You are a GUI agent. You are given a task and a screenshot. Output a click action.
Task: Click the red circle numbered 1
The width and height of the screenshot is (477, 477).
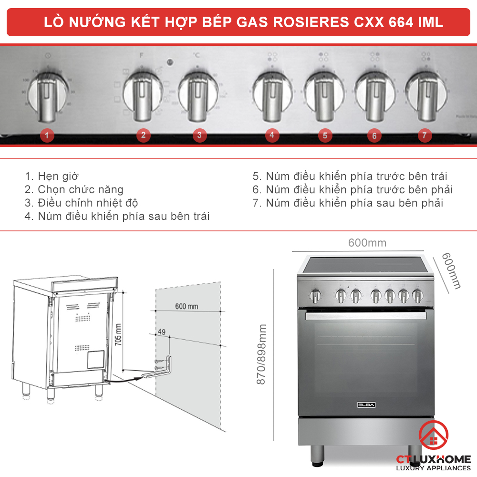click(x=47, y=135)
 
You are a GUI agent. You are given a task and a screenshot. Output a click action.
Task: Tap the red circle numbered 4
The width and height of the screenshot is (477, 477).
click(x=271, y=135)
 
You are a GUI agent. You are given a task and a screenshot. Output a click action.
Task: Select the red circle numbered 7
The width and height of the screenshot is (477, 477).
click(x=424, y=135)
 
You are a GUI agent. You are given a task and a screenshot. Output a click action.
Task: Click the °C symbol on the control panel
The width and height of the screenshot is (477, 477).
click(x=196, y=55)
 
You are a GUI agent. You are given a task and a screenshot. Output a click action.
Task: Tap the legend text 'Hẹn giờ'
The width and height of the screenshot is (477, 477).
click(x=58, y=176)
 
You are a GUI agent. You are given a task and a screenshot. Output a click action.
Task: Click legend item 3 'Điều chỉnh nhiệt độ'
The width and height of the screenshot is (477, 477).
click(x=88, y=203)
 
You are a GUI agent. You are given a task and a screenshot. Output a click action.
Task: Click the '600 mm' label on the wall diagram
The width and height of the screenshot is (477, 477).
click(x=187, y=306)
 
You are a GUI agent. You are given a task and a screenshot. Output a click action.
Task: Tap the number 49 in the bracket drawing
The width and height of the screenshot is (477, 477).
click(x=161, y=332)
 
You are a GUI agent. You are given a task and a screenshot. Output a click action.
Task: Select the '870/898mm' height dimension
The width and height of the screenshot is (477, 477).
click(x=262, y=355)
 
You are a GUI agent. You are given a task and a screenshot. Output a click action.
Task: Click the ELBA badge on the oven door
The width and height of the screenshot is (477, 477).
click(x=366, y=405)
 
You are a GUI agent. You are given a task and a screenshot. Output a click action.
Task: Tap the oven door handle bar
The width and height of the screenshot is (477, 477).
click(x=366, y=316)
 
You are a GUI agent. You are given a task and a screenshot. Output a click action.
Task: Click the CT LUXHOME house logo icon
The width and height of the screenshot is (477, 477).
click(x=433, y=437)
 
